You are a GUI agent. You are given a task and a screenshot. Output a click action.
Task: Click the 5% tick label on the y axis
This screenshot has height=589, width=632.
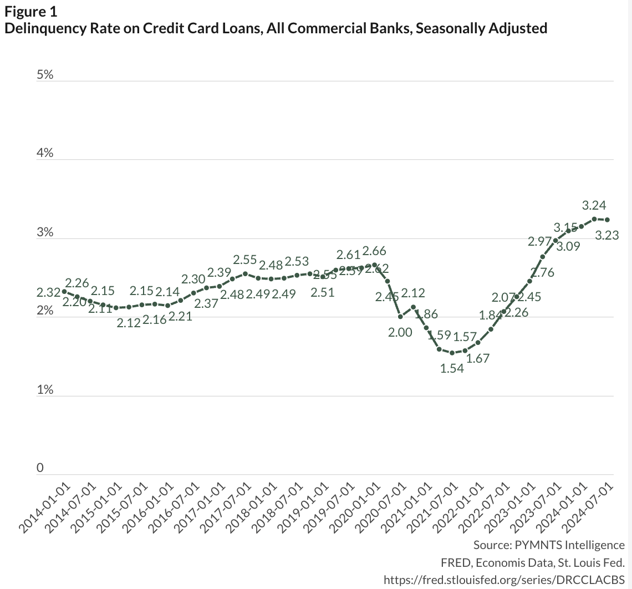point(45,74)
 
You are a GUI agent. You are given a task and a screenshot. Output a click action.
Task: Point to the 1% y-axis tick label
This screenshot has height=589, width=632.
point(45,390)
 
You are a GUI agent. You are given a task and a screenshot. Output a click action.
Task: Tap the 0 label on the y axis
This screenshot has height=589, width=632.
point(40,469)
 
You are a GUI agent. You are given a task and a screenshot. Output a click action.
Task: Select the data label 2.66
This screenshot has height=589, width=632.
point(374,251)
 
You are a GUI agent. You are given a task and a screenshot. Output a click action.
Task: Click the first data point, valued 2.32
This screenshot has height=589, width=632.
point(64,291)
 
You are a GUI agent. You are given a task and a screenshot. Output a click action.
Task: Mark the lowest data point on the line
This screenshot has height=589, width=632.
point(452,353)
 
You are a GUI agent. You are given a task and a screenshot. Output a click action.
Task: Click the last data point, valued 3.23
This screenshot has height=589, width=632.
point(607,220)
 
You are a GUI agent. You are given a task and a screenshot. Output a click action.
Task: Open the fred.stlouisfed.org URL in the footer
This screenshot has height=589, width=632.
point(504,579)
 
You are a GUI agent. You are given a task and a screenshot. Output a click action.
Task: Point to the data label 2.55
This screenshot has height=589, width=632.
point(244,260)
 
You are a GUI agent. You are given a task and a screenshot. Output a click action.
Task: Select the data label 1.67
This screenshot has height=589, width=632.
point(478,358)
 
